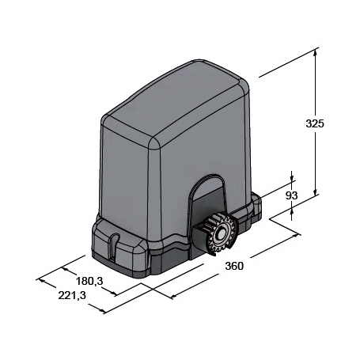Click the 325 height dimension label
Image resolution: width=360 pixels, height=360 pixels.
pyautogui.click(x=316, y=123)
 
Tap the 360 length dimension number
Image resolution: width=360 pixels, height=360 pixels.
pyautogui.click(x=234, y=267)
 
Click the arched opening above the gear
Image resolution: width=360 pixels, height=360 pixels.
pyautogui.click(x=205, y=194)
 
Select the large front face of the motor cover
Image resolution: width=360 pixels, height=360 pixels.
pyautogui.click(x=206, y=150)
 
